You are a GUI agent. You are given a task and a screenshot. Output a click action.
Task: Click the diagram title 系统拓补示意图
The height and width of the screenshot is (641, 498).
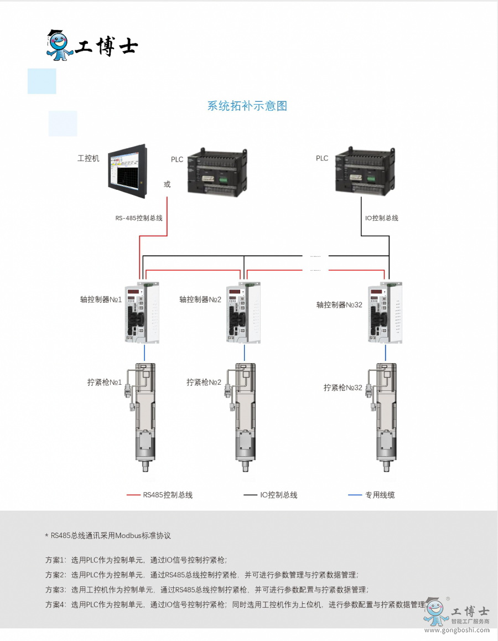pyautogui.click(x=247, y=106)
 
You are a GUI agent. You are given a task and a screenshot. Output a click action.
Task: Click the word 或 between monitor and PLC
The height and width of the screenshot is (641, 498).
pyautogui.click(x=167, y=184)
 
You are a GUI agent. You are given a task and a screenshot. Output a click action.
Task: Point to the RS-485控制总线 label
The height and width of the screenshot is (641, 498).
pyautogui.click(x=139, y=218)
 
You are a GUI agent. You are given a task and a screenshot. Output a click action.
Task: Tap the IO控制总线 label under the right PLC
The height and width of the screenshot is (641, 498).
pyautogui.click(x=382, y=218)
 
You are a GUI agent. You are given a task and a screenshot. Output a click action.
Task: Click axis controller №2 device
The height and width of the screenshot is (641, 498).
pyautogui.click(x=243, y=312)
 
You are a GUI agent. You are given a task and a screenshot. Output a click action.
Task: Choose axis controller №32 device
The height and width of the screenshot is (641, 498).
pyautogui.click(x=385, y=312)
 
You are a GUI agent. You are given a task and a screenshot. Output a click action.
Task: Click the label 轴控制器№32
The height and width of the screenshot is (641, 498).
pyautogui.click(x=339, y=304)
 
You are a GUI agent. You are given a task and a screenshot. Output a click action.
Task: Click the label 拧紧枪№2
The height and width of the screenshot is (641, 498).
pyautogui.click(x=204, y=382)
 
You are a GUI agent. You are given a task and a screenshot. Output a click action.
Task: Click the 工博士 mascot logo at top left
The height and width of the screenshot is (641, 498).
pyautogui.click(x=59, y=45)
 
